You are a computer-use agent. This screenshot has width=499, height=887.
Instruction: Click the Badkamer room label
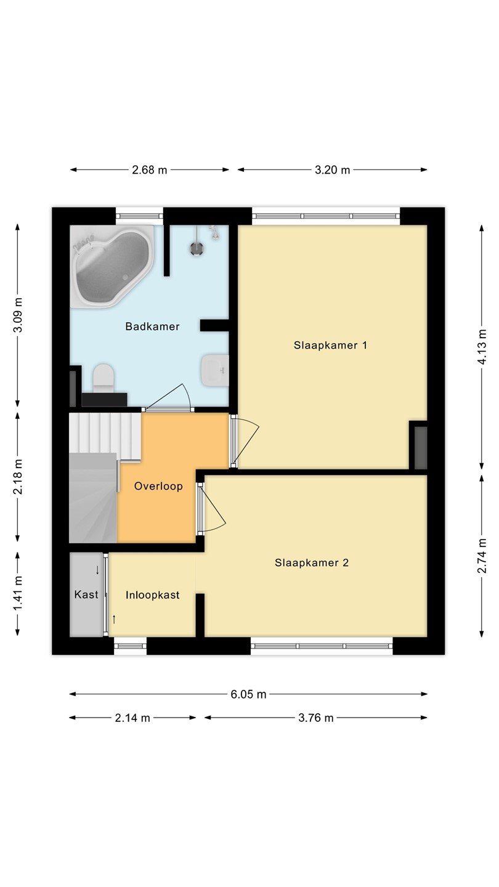pyautogui.click(x=153, y=326)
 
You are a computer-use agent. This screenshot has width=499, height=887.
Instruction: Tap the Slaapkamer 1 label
pyautogui.click(x=330, y=345)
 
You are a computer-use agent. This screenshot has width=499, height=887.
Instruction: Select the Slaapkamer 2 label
pyautogui.click(x=312, y=563)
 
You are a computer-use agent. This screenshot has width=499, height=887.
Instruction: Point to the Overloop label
pyautogui.click(x=158, y=486)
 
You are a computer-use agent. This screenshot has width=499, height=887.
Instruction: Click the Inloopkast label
pyautogui.click(x=153, y=595)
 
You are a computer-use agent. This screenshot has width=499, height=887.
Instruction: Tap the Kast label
pyautogui.click(x=86, y=594)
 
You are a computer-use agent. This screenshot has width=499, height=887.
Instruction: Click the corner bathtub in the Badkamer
pyautogui.click(x=112, y=266)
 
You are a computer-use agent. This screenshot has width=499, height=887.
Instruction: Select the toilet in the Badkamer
pyautogui.click(x=103, y=379)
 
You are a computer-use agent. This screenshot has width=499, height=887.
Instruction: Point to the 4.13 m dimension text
pyautogui.click(x=482, y=347)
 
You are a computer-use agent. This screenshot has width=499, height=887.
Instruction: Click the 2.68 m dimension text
pyautogui.click(x=149, y=170)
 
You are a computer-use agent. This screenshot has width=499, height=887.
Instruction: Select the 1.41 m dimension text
pyautogui.click(x=17, y=593)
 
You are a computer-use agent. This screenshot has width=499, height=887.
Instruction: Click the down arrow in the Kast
pyautogui.click(x=97, y=570)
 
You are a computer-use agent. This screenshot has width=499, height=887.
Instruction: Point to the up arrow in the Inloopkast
pyautogui.click(x=114, y=619)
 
